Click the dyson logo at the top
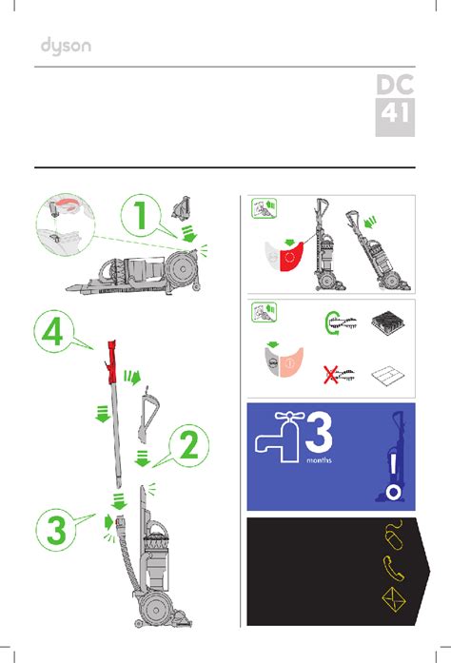point(66,47)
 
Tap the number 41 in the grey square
point(395,113)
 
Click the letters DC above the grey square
point(395,85)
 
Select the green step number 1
point(141,215)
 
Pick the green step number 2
point(189,444)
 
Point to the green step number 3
point(56,530)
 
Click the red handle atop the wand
point(111,362)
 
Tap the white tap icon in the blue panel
point(279,437)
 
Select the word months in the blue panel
point(319,459)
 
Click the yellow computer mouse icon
point(394,536)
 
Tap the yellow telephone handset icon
point(394,568)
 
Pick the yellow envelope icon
point(394,599)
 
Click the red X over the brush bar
point(330,375)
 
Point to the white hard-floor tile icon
point(388,375)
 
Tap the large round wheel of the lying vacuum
point(182,269)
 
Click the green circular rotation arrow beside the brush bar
point(328,323)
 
